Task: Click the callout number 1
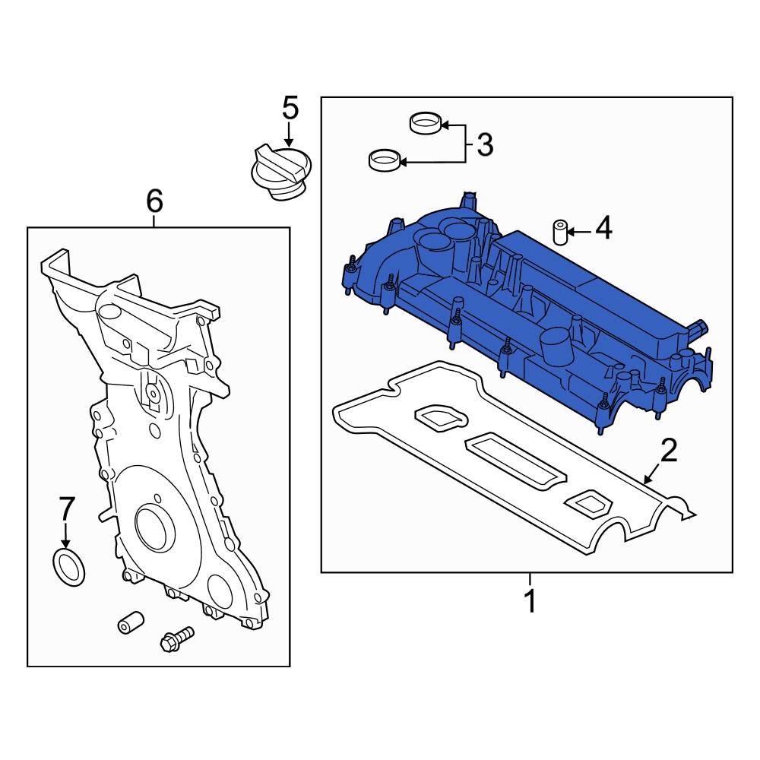pyautogui.click(x=530, y=600)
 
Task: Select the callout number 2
pyautogui.click(x=668, y=451)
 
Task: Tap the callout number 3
pyautogui.click(x=484, y=144)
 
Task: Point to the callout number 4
pyautogui.click(x=603, y=229)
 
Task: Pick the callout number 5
pyautogui.click(x=290, y=108)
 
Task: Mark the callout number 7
pyautogui.click(x=67, y=508)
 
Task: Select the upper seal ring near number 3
pyautogui.click(x=425, y=122)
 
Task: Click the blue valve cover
pyautogui.click(x=532, y=319)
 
